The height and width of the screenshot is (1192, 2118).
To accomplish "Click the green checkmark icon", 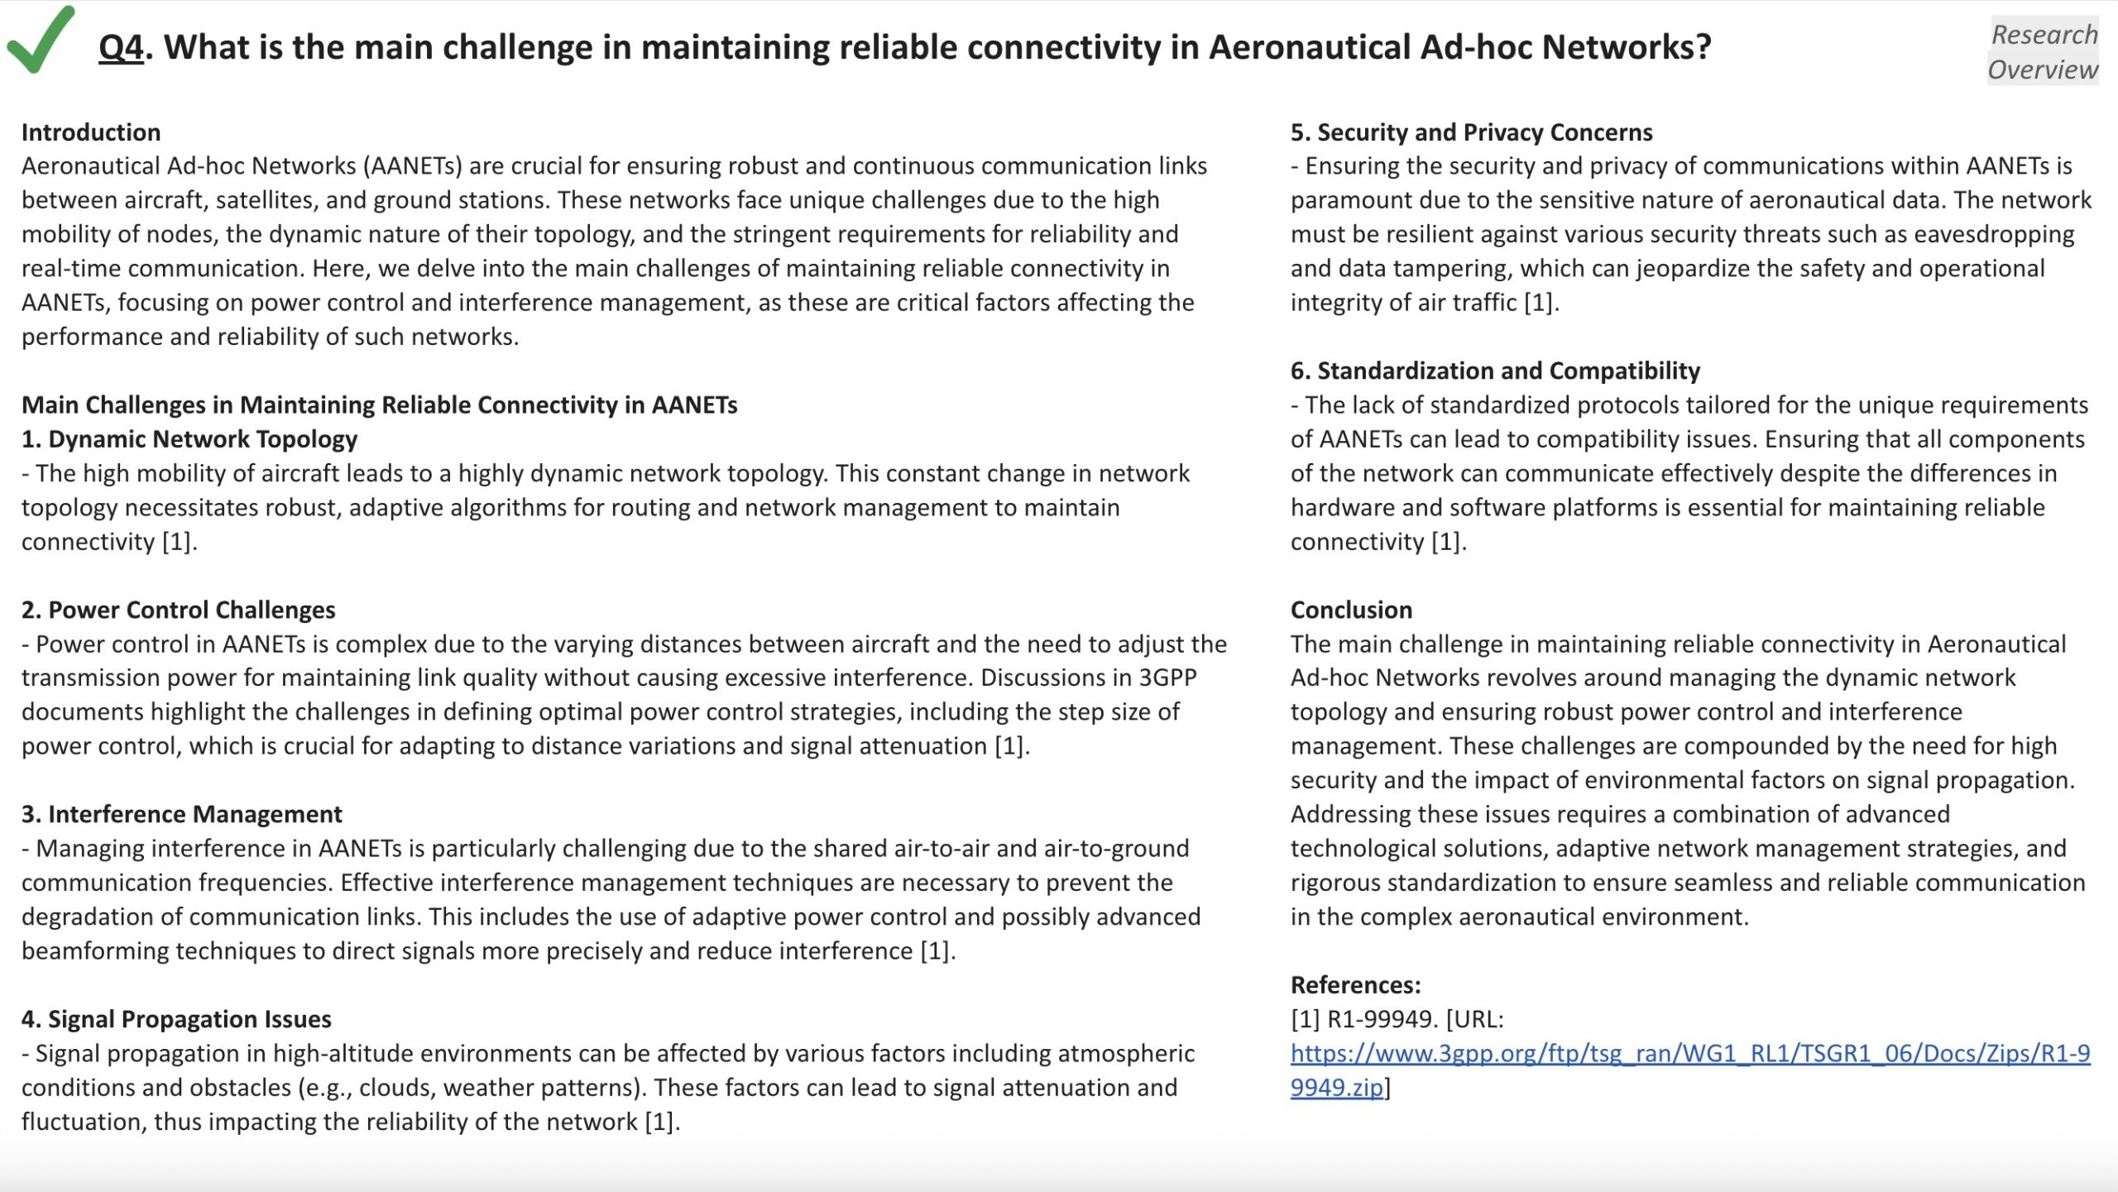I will click(40, 40).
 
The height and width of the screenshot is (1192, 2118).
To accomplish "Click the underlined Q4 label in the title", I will click(121, 47).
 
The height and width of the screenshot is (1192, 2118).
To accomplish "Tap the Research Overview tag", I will click(2043, 51).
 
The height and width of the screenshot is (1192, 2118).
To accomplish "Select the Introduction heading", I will click(91, 132).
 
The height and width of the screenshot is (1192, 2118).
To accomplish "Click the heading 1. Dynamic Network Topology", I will click(189, 439).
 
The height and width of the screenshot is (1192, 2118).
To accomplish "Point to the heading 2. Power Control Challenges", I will click(178, 610).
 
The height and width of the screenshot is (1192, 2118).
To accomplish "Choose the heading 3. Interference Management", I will click(181, 814).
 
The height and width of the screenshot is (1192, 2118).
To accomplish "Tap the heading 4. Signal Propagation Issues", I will click(176, 1019).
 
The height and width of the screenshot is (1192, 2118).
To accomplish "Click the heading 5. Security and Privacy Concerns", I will click(1471, 132).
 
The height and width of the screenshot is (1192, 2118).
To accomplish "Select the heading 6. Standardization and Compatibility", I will click(1495, 371).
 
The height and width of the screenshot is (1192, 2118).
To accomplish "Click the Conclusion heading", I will click(1351, 610).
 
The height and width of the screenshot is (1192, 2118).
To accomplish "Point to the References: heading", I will click(1355, 984).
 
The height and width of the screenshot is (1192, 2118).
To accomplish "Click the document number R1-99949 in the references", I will click(1381, 1019).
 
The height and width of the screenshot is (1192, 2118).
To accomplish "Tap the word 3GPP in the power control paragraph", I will click(1167, 677).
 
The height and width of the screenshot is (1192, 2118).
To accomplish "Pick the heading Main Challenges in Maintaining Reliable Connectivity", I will click(379, 405).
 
